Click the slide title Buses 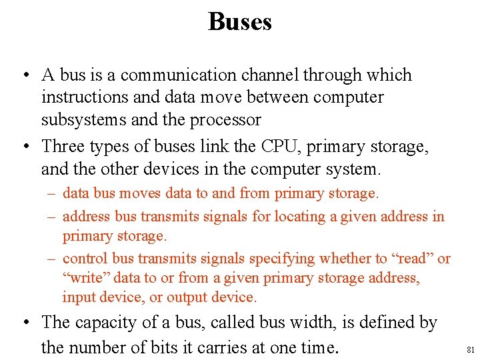tap(240, 21)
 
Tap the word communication tap(178, 75)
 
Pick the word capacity tap(104, 323)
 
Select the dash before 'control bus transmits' tap(52, 259)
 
